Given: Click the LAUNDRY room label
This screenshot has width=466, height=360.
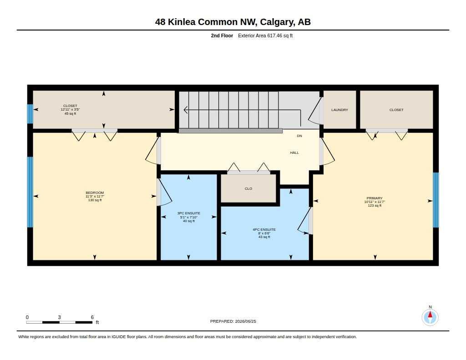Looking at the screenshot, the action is [339, 110].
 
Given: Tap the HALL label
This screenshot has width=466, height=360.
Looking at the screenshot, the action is [294, 152].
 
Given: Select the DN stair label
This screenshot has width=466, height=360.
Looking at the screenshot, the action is [299, 136].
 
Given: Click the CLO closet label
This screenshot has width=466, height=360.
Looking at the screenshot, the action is [248, 188].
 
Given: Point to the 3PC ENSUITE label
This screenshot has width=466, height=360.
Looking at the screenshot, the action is [189, 213].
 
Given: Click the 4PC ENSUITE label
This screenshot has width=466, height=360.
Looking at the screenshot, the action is [264, 229].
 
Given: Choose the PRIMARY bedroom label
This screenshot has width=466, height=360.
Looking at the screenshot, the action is [375, 198].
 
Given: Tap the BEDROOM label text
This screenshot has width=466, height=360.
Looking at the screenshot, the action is [95, 193].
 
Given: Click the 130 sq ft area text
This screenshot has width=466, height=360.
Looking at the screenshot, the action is [95, 200].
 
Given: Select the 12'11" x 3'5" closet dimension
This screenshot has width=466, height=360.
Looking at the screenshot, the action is [70, 109].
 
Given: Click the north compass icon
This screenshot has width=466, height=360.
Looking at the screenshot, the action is [430, 317].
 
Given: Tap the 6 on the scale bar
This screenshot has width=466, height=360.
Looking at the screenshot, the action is [92, 317].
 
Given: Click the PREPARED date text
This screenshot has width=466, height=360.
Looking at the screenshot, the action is [233, 321].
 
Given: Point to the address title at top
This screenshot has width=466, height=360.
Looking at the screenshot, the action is [233, 22].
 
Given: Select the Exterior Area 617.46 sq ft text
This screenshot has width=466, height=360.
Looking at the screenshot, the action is [265, 35].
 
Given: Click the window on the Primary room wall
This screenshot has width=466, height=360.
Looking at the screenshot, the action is [436, 200].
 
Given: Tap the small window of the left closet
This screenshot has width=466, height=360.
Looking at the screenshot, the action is [30, 114].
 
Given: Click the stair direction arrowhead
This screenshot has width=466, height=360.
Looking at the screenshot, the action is [186, 110].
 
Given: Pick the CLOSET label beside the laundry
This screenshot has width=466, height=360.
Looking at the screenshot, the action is [396, 110].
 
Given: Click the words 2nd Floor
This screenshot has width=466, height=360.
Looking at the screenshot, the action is [222, 35].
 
